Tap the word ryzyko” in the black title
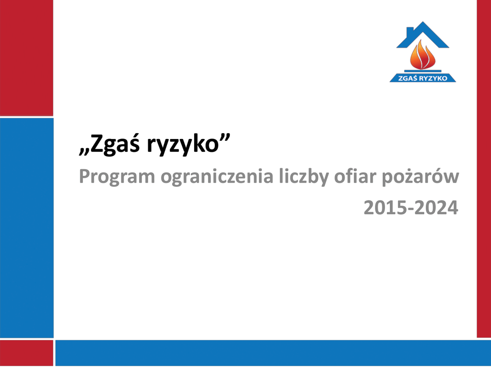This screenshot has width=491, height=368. tap(188, 145)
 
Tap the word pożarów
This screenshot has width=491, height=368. tap(420, 176)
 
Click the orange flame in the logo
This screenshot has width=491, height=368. tap(423, 56)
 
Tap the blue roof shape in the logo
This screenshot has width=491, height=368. tap(423, 35)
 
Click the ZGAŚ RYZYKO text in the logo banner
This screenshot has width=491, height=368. tap(423, 78)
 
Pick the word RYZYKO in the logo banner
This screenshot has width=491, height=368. tap(433, 78)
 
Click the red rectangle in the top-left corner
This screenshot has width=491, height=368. tap(26, 58)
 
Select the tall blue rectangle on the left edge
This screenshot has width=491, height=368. tap(27, 228)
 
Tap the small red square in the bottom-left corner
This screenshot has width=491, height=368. tap(26, 353)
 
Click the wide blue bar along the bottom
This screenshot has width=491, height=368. tap(273, 353)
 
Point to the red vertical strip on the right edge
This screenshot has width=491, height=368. tap(484, 169)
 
